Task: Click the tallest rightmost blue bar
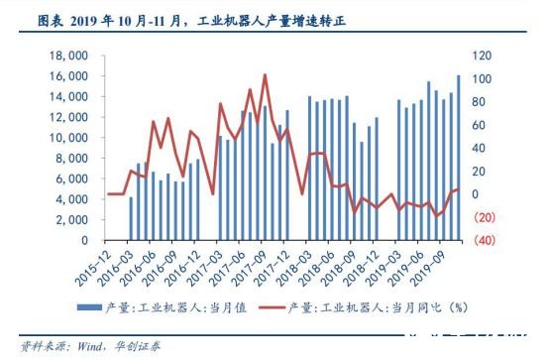click(459, 158)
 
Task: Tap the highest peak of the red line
click(265, 74)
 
